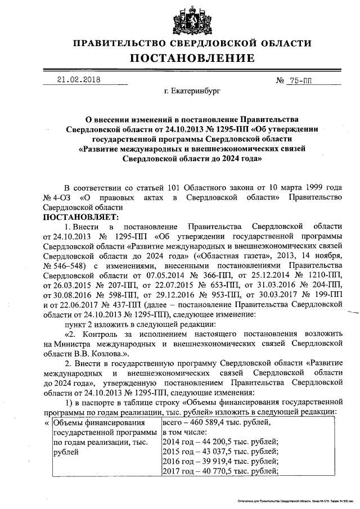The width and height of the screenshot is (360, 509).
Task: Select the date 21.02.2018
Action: click(79, 79)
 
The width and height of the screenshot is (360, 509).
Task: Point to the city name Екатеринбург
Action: click(192, 90)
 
